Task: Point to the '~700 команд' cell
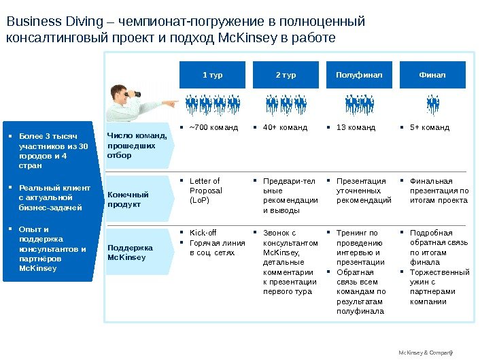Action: [x=213, y=127]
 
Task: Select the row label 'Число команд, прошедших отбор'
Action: [x=131, y=146]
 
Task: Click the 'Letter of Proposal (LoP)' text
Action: [x=205, y=191]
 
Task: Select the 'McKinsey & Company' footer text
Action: [x=424, y=353]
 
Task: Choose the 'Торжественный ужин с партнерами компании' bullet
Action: [x=439, y=287]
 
